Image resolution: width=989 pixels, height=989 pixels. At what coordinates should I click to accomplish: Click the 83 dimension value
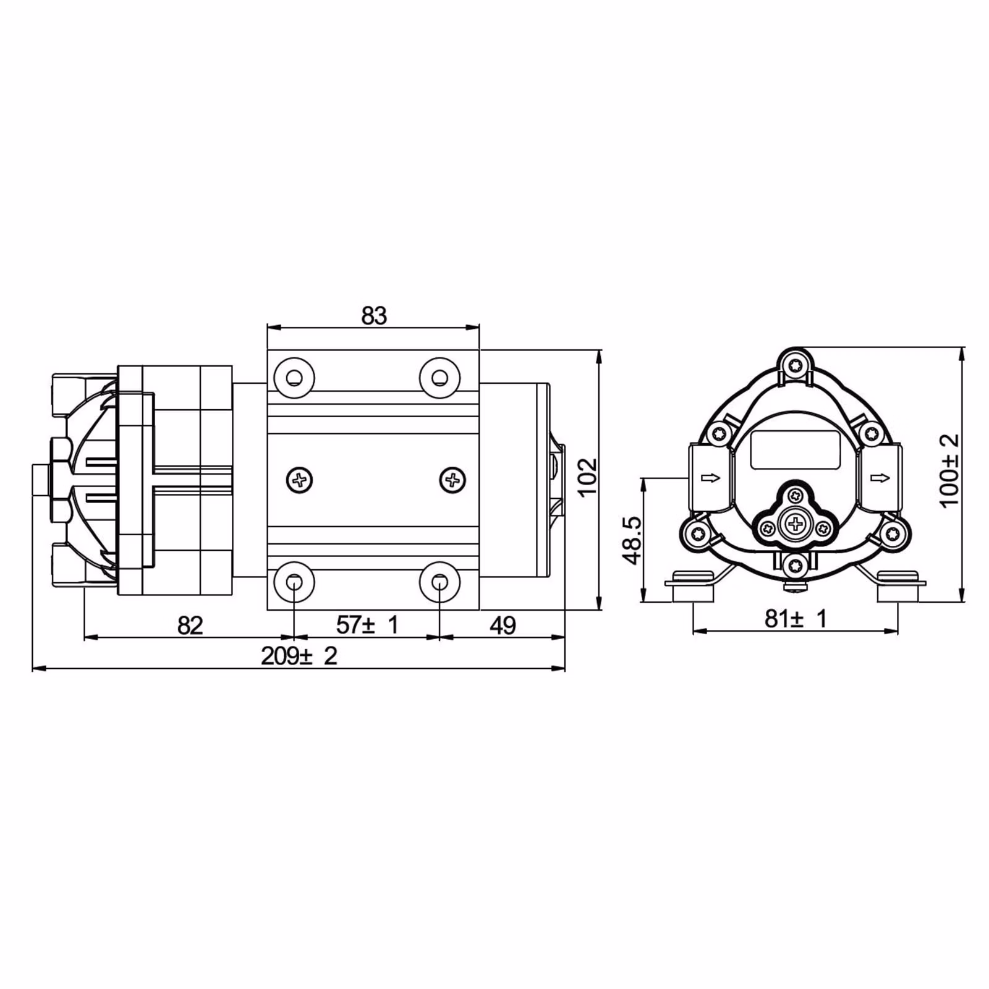[374, 316]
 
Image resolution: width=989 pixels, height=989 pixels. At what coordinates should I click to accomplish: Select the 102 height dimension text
[587, 477]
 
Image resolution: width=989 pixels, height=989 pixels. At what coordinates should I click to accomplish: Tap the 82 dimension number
[190, 626]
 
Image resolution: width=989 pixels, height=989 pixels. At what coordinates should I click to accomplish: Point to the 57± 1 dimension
[367, 625]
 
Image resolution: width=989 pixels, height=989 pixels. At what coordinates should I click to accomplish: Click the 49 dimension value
[503, 626]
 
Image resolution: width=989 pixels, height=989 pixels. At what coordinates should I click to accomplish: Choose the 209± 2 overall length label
[299, 656]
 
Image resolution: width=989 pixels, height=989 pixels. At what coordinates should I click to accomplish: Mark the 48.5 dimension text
[632, 540]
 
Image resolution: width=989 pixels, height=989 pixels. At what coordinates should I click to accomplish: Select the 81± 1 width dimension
[796, 618]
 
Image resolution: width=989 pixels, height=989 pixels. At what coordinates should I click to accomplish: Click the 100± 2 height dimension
[949, 470]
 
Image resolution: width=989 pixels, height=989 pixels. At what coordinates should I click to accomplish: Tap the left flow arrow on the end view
[711, 477]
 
